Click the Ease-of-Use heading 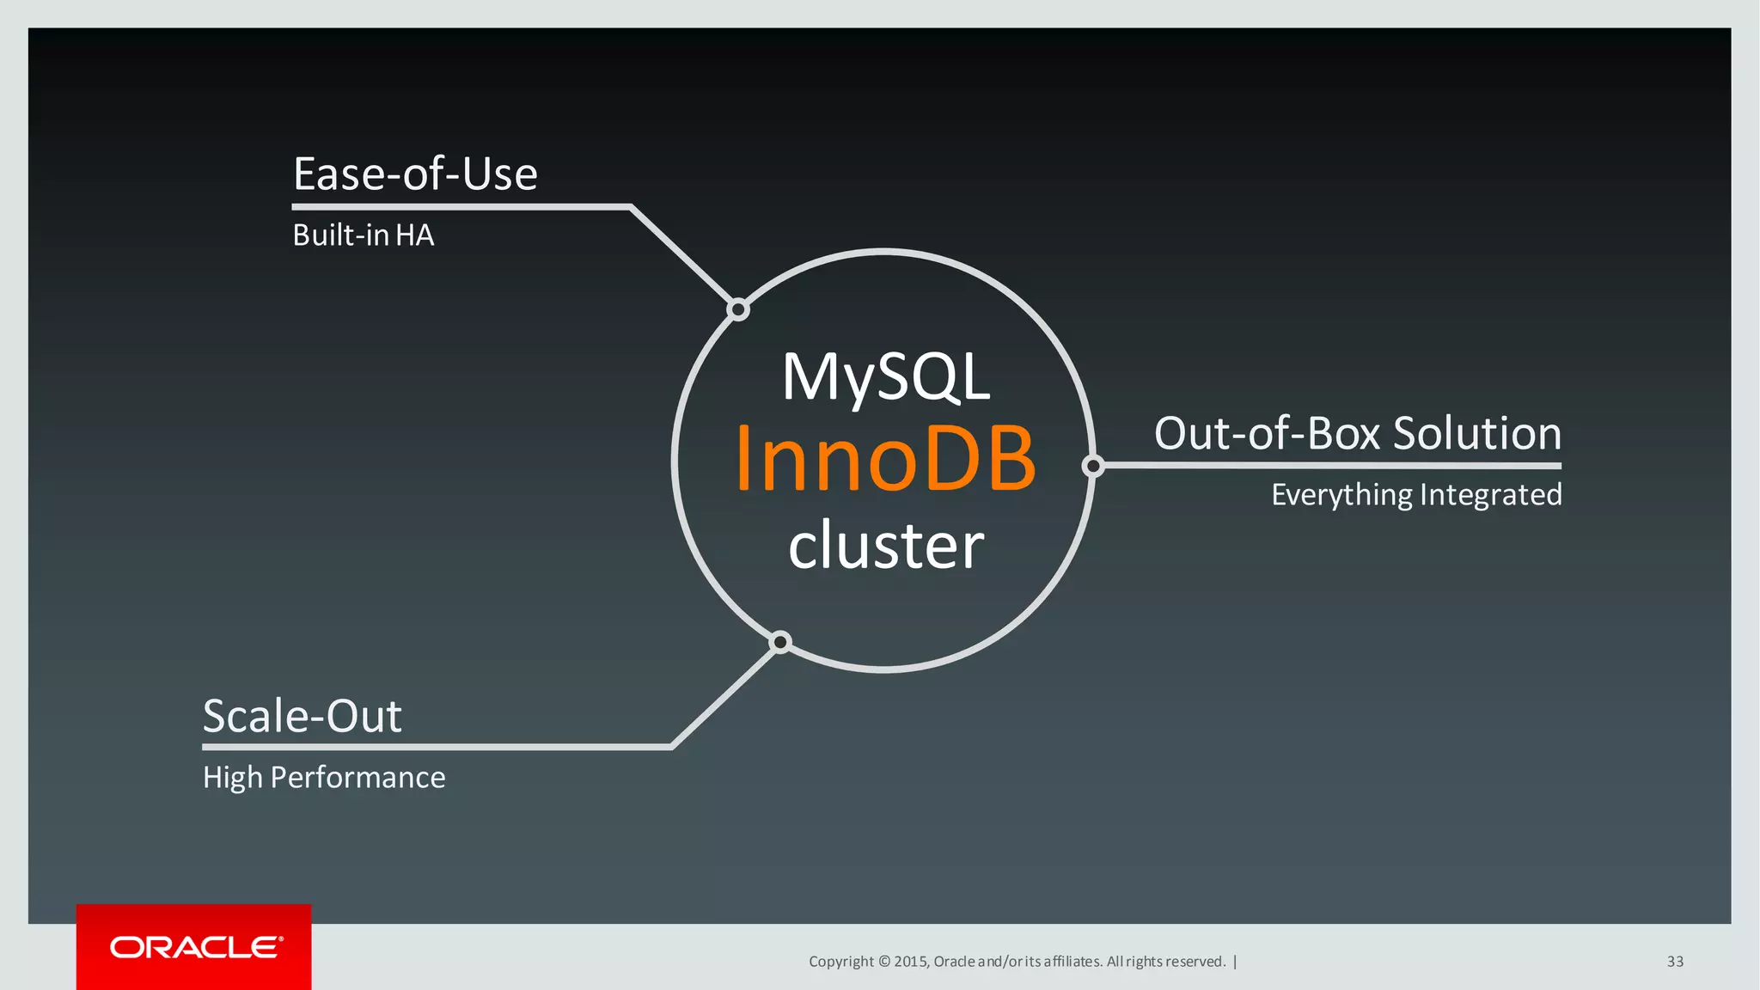415,174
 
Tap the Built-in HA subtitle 363,235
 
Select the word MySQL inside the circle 886,377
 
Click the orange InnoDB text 885,460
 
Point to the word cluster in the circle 886,545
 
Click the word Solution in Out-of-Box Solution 1476,433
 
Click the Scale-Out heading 302,716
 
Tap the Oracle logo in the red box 196,947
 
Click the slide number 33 1675,962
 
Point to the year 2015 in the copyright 909,962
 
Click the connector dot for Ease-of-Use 738,309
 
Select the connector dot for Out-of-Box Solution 1093,466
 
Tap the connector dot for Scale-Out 780,642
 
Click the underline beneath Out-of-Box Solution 1332,466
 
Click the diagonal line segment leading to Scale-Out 724,695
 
